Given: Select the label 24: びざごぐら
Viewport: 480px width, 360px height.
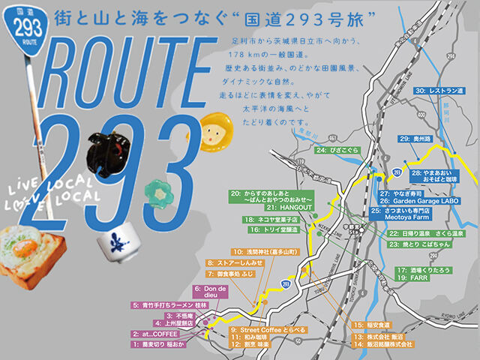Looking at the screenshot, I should [x=338, y=151].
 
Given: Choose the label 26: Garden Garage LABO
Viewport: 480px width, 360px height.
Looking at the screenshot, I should [x=430, y=202].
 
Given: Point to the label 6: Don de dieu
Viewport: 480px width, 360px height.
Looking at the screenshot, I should [x=208, y=290].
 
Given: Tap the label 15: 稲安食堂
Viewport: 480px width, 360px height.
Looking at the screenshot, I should [x=373, y=325].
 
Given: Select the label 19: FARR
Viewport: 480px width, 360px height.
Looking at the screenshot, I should [x=412, y=278].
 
